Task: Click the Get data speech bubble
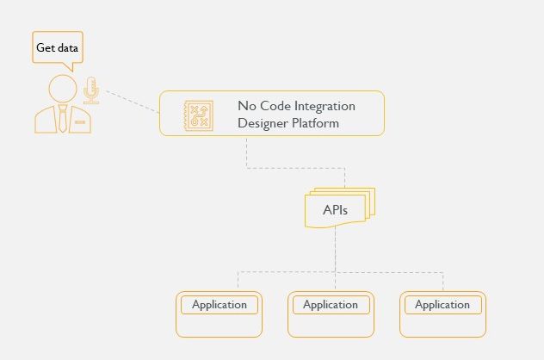(57, 47)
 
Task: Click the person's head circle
(62, 88)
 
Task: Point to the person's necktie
(63, 120)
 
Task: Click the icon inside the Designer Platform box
(199, 115)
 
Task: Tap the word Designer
(263, 123)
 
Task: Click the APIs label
(336, 210)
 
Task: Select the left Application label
(219, 305)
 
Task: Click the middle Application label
(331, 305)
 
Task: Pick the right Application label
(442, 305)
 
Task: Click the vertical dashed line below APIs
(336, 250)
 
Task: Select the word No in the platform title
(246, 106)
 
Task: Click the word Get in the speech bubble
(46, 48)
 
